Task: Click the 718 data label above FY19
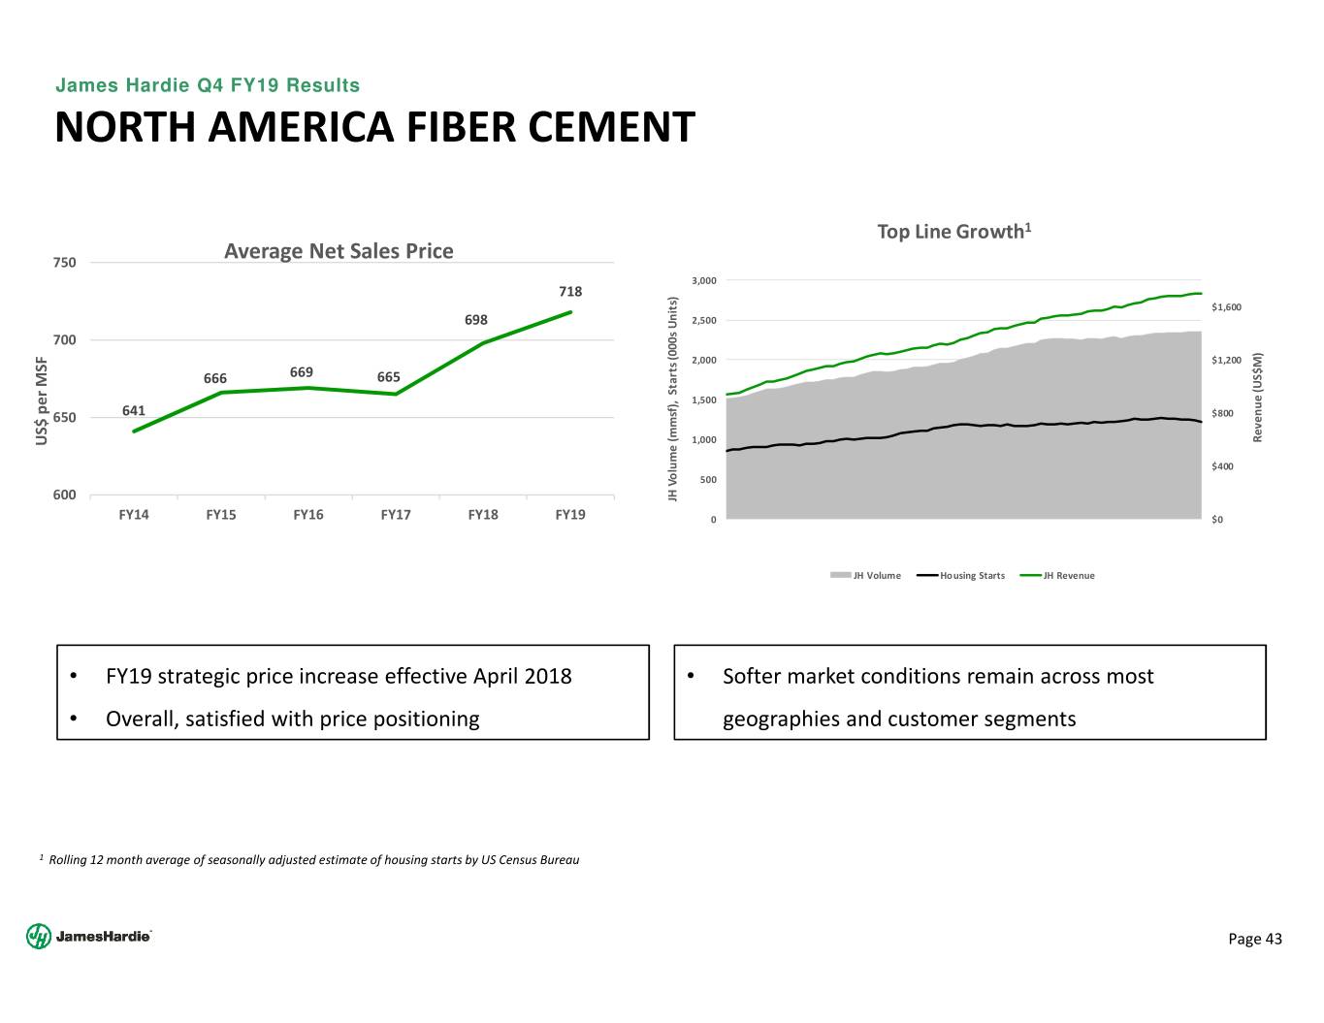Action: (570, 291)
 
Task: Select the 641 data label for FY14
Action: (134, 410)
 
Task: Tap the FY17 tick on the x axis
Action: (396, 515)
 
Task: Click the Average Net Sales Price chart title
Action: (339, 251)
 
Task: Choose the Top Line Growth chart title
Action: (953, 231)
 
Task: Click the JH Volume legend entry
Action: (866, 576)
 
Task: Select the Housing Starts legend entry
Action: (961, 576)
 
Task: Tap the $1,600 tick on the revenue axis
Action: (1226, 307)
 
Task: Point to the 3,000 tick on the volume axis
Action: (704, 281)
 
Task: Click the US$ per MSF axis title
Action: (42, 400)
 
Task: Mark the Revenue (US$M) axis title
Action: (1258, 397)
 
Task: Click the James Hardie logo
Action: (89, 936)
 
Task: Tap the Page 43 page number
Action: (1255, 938)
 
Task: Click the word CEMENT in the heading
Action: (605, 127)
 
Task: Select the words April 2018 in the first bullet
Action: (522, 676)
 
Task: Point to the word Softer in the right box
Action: (753, 676)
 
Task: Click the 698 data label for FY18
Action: (475, 320)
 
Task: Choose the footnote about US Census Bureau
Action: (309, 860)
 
